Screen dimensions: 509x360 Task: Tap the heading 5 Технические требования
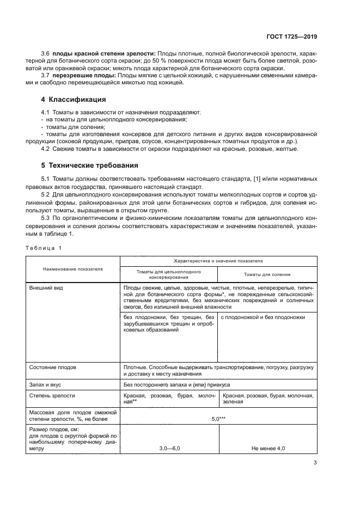[x=90, y=165]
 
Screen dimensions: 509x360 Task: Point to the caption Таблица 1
[x=44, y=248]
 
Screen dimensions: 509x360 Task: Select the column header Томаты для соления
[x=267, y=274]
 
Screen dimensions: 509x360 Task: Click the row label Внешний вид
[x=45, y=287]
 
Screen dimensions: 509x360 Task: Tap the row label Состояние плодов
[x=52, y=367]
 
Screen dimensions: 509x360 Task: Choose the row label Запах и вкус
[x=46, y=384]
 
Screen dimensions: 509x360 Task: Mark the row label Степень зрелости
[x=52, y=396]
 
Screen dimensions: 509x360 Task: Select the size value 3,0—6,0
[x=169, y=448]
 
